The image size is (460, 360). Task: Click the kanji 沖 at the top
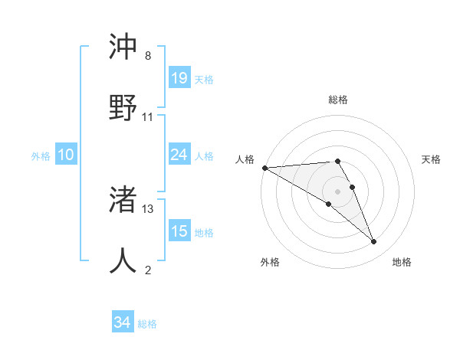click(x=123, y=47)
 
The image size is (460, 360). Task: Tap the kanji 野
click(x=123, y=108)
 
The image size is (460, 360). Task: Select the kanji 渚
click(x=123, y=201)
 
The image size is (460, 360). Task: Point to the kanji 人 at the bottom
click(x=123, y=261)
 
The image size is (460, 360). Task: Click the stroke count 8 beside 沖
click(x=148, y=56)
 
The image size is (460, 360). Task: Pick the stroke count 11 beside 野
click(x=148, y=117)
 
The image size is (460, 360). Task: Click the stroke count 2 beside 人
click(x=148, y=270)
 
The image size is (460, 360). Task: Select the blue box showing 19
click(x=179, y=77)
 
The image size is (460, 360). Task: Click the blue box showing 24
click(x=179, y=155)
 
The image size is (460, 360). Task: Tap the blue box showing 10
click(x=65, y=155)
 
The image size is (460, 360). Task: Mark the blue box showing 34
click(x=122, y=322)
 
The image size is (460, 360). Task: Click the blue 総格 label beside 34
click(x=147, y=324)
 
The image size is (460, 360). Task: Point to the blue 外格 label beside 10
click(x=41, y=156)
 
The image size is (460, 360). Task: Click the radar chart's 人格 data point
click(x=264, y=168)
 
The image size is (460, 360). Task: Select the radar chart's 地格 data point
click(x=374, y=242)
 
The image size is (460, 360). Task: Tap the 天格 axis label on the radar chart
click(x=432, y=159)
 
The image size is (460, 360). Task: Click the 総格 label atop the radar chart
click(x=338, y=100)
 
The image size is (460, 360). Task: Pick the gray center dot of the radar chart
click(x=338, y=191)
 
